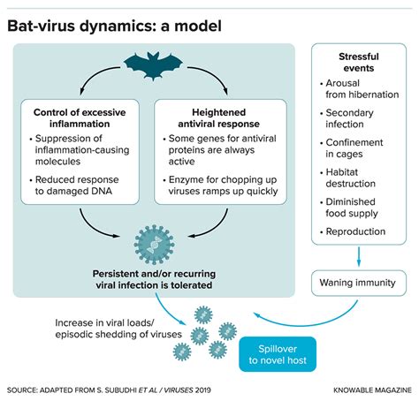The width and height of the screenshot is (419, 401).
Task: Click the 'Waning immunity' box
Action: point(358,283)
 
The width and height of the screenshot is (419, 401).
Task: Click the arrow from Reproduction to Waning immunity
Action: point(358,256)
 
